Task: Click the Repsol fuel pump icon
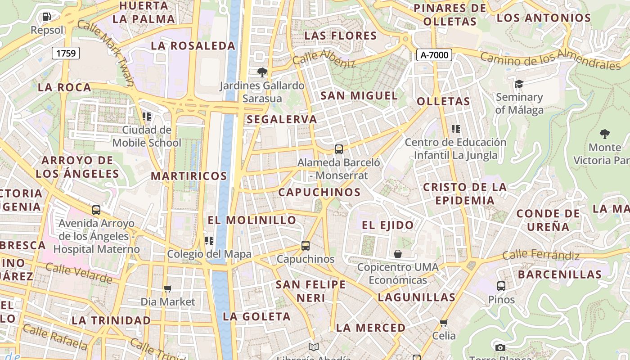tap(46, 17)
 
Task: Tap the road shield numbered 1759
tap(66, 53)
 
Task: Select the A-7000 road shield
tap(434, 55)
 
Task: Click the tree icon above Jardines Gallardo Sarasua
tap(262, 72)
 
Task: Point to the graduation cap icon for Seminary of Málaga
tap(519, 84)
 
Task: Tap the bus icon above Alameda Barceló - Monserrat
tap(339, 149)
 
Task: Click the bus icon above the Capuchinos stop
tap(306, 246)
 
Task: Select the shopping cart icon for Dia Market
tap(168, 288)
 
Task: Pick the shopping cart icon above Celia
tap(444, 323)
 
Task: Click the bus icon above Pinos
tap(501, 286)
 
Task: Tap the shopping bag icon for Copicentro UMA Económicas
tap(398, 254)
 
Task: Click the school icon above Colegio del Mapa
tap(209, 241)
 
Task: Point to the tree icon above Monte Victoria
tap(605, 134)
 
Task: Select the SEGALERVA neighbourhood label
tap(282, 120)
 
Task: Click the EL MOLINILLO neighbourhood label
tap(252, 220)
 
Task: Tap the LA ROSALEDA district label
tap(193, 46)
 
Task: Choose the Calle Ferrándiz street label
tap(541, 255)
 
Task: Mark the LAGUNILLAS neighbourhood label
tap(417, 297)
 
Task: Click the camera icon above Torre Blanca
tap(500, 347)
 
